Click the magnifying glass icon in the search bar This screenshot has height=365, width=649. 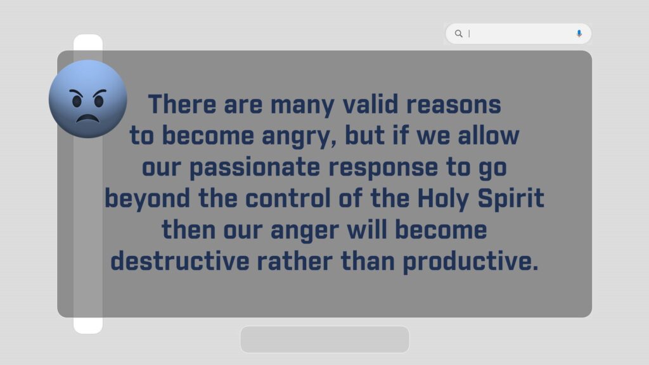coord(459,34)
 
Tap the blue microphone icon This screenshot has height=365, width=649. coord(579,34)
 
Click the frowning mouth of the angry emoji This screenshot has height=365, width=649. coord(87,118)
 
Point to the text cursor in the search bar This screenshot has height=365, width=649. coord(469,34)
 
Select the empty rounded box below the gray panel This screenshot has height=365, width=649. coord(325,340)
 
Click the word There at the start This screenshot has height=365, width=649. coord(182,105)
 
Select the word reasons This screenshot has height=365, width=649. coord(454,105)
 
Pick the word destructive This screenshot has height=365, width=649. coord(180,261)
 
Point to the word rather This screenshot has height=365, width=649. coord(294,261)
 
